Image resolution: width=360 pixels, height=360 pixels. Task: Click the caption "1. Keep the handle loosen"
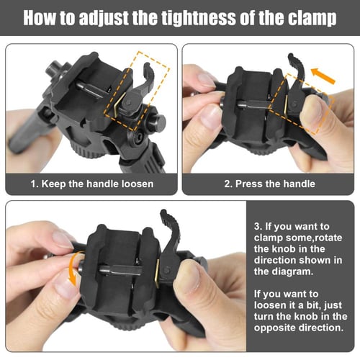pos(92,184)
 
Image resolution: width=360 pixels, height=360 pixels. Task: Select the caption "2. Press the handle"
pos(269,184)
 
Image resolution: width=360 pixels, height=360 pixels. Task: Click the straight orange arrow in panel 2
pos(323,76)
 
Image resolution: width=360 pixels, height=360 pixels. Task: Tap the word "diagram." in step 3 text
pos(292,271)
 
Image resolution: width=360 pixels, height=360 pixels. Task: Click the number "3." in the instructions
pos(258,226)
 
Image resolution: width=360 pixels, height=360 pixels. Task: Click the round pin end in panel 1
pos(159,122)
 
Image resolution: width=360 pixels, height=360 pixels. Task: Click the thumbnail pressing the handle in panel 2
pos(310,111)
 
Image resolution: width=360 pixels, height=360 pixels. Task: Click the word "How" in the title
pos(40,18)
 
